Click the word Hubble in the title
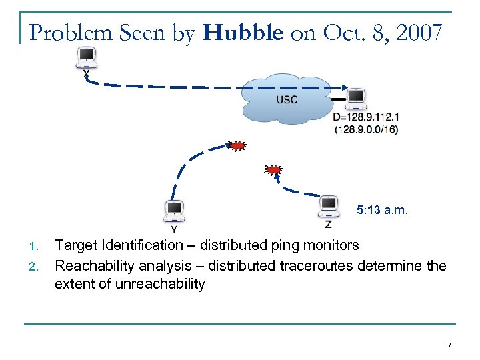(243, 33)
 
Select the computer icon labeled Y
(173, 211)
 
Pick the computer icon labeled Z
(328, 206)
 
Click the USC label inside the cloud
(287, 100)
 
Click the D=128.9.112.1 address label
(366, 117)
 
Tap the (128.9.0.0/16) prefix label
(366, 129)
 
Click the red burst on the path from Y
(236, 145)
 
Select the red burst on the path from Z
(273, 170)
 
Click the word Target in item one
(75, 246)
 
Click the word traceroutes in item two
(313, 266)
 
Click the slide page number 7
(449, 345)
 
